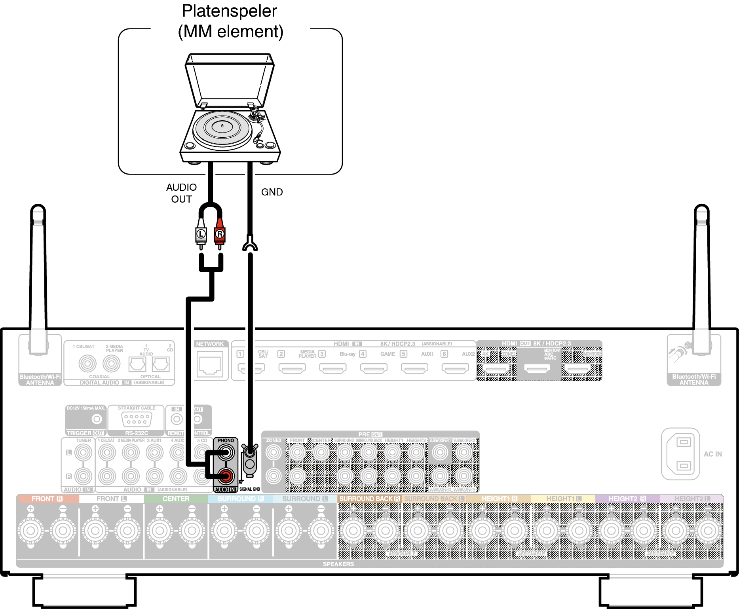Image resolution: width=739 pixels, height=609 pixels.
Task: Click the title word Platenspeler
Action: point(229,11)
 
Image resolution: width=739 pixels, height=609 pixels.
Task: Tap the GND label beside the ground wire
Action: point(272,192)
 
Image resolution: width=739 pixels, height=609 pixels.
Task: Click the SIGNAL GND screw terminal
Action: point(250,452)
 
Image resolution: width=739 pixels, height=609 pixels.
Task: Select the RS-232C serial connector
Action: point(137,419)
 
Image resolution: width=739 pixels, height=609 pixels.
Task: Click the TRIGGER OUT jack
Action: point(97,419)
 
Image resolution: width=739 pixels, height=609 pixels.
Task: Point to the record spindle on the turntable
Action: point(222,126)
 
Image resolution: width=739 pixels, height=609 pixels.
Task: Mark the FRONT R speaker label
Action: point(47,499)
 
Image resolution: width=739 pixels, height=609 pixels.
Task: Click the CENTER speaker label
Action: point(176,499)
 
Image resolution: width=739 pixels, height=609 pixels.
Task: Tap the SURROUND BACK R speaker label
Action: point(369,499)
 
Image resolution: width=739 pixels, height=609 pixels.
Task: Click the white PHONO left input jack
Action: point(226,452)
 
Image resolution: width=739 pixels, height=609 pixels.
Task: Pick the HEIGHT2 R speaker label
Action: point(627,499)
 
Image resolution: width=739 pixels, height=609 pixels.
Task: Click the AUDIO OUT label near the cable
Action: point(181,193)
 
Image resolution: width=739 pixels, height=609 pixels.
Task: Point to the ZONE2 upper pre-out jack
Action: point(274,452)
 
